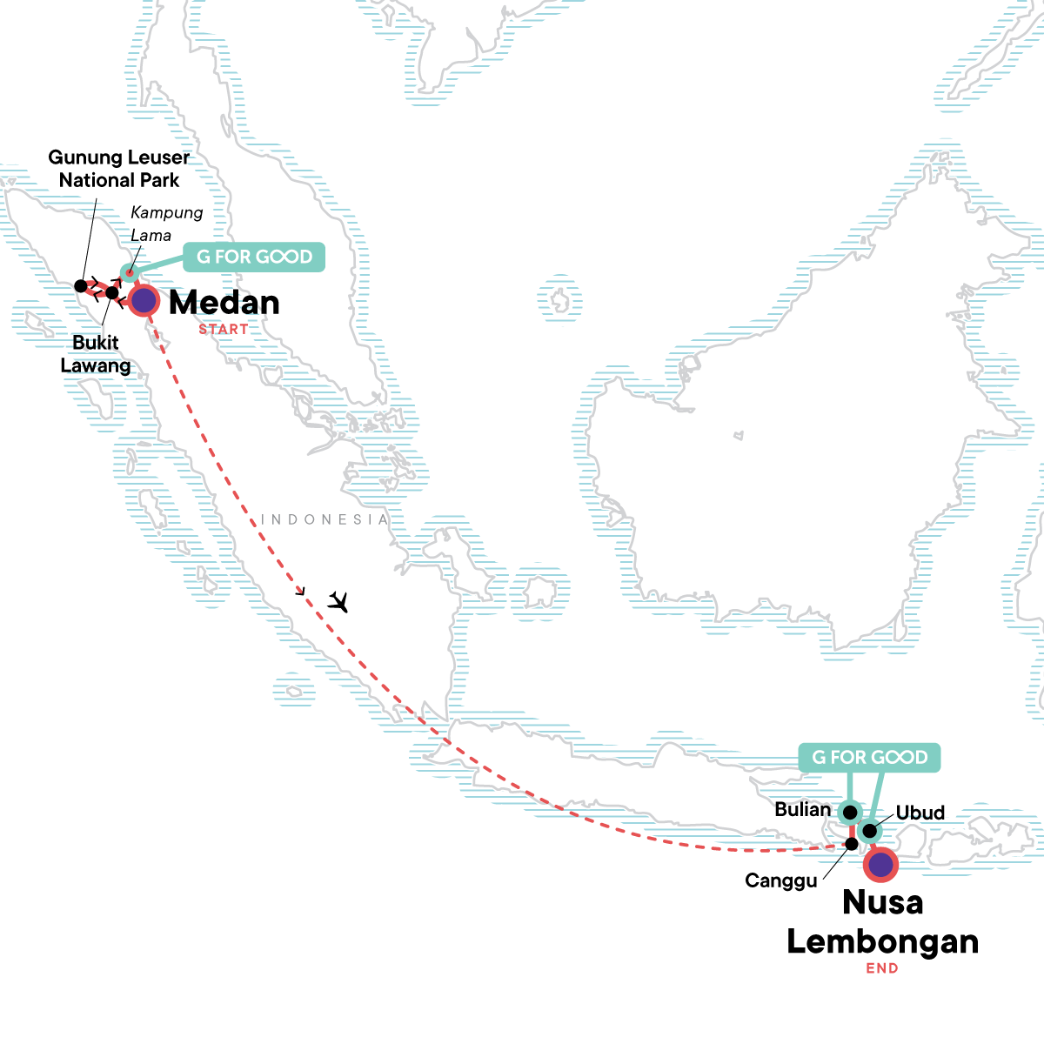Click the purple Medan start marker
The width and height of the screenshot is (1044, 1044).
click(x=144, y=301)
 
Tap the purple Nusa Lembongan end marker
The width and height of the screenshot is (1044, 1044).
click(x=881, y=864)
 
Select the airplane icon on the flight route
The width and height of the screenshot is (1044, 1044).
click(x=338, y=601)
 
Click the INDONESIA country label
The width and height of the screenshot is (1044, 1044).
click(x=325, y=519)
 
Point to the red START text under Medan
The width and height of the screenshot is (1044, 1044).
click(x=224, y=329)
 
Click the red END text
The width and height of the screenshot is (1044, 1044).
click(x=882, y=968)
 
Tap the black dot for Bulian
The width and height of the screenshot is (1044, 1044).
click(x=850, y=813)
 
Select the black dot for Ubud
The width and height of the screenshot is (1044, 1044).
click(x=869, y=831)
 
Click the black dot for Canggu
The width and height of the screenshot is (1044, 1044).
click(x=852, y=844)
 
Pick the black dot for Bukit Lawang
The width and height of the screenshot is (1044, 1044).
click(x=112, y=293)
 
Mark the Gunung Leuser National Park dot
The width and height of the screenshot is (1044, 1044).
click(x=81, y=285)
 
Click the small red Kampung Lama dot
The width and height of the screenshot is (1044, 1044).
click(x=130, y=274)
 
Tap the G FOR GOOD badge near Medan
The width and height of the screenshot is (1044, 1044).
click(x=254, y=257)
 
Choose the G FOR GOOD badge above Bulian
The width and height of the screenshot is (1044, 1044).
click(x=869, y=757)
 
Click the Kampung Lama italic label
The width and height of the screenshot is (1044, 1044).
click(x=166, y=224)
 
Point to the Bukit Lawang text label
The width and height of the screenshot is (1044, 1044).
click(x=96, y=354)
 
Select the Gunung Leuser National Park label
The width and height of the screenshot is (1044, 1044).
click(x=119, y=169)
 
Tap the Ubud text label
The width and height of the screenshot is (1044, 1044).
click(x=920, y=813)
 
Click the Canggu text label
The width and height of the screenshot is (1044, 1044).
click(x=781, y=880)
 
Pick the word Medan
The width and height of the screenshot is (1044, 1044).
click(x=224, y=303)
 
